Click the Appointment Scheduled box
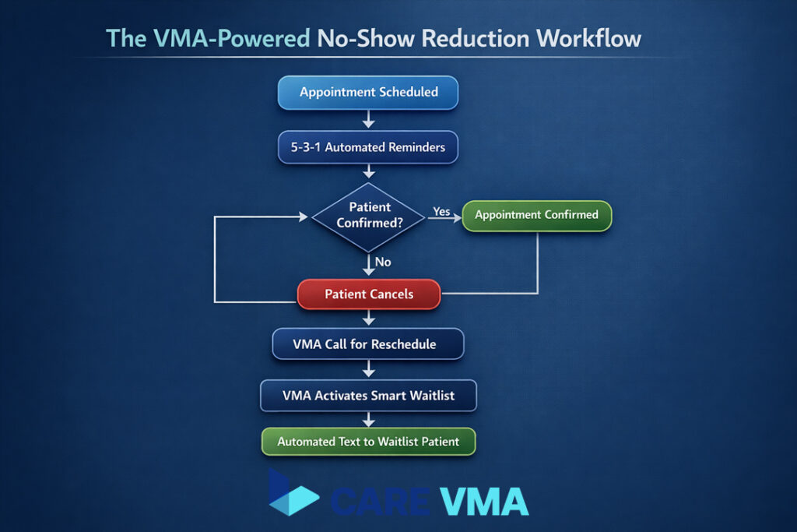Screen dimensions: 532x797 (368, 92)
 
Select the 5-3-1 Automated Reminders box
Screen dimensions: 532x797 (368, 146)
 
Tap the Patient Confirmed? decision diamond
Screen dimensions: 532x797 (369, 216)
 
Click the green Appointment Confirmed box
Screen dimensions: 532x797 (536, 215)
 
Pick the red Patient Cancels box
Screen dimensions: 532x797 (369, 295)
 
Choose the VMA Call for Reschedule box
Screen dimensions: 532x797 (368, 344)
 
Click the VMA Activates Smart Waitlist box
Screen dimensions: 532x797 (368, 396)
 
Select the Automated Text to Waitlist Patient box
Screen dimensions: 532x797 (368, 442)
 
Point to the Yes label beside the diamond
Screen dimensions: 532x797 (441, 211)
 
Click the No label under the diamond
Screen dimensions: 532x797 (383, 262)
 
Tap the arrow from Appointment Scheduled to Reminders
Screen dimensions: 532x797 (369, 119)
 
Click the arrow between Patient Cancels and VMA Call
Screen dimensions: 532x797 (369, 318)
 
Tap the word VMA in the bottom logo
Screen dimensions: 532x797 (483, 501)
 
